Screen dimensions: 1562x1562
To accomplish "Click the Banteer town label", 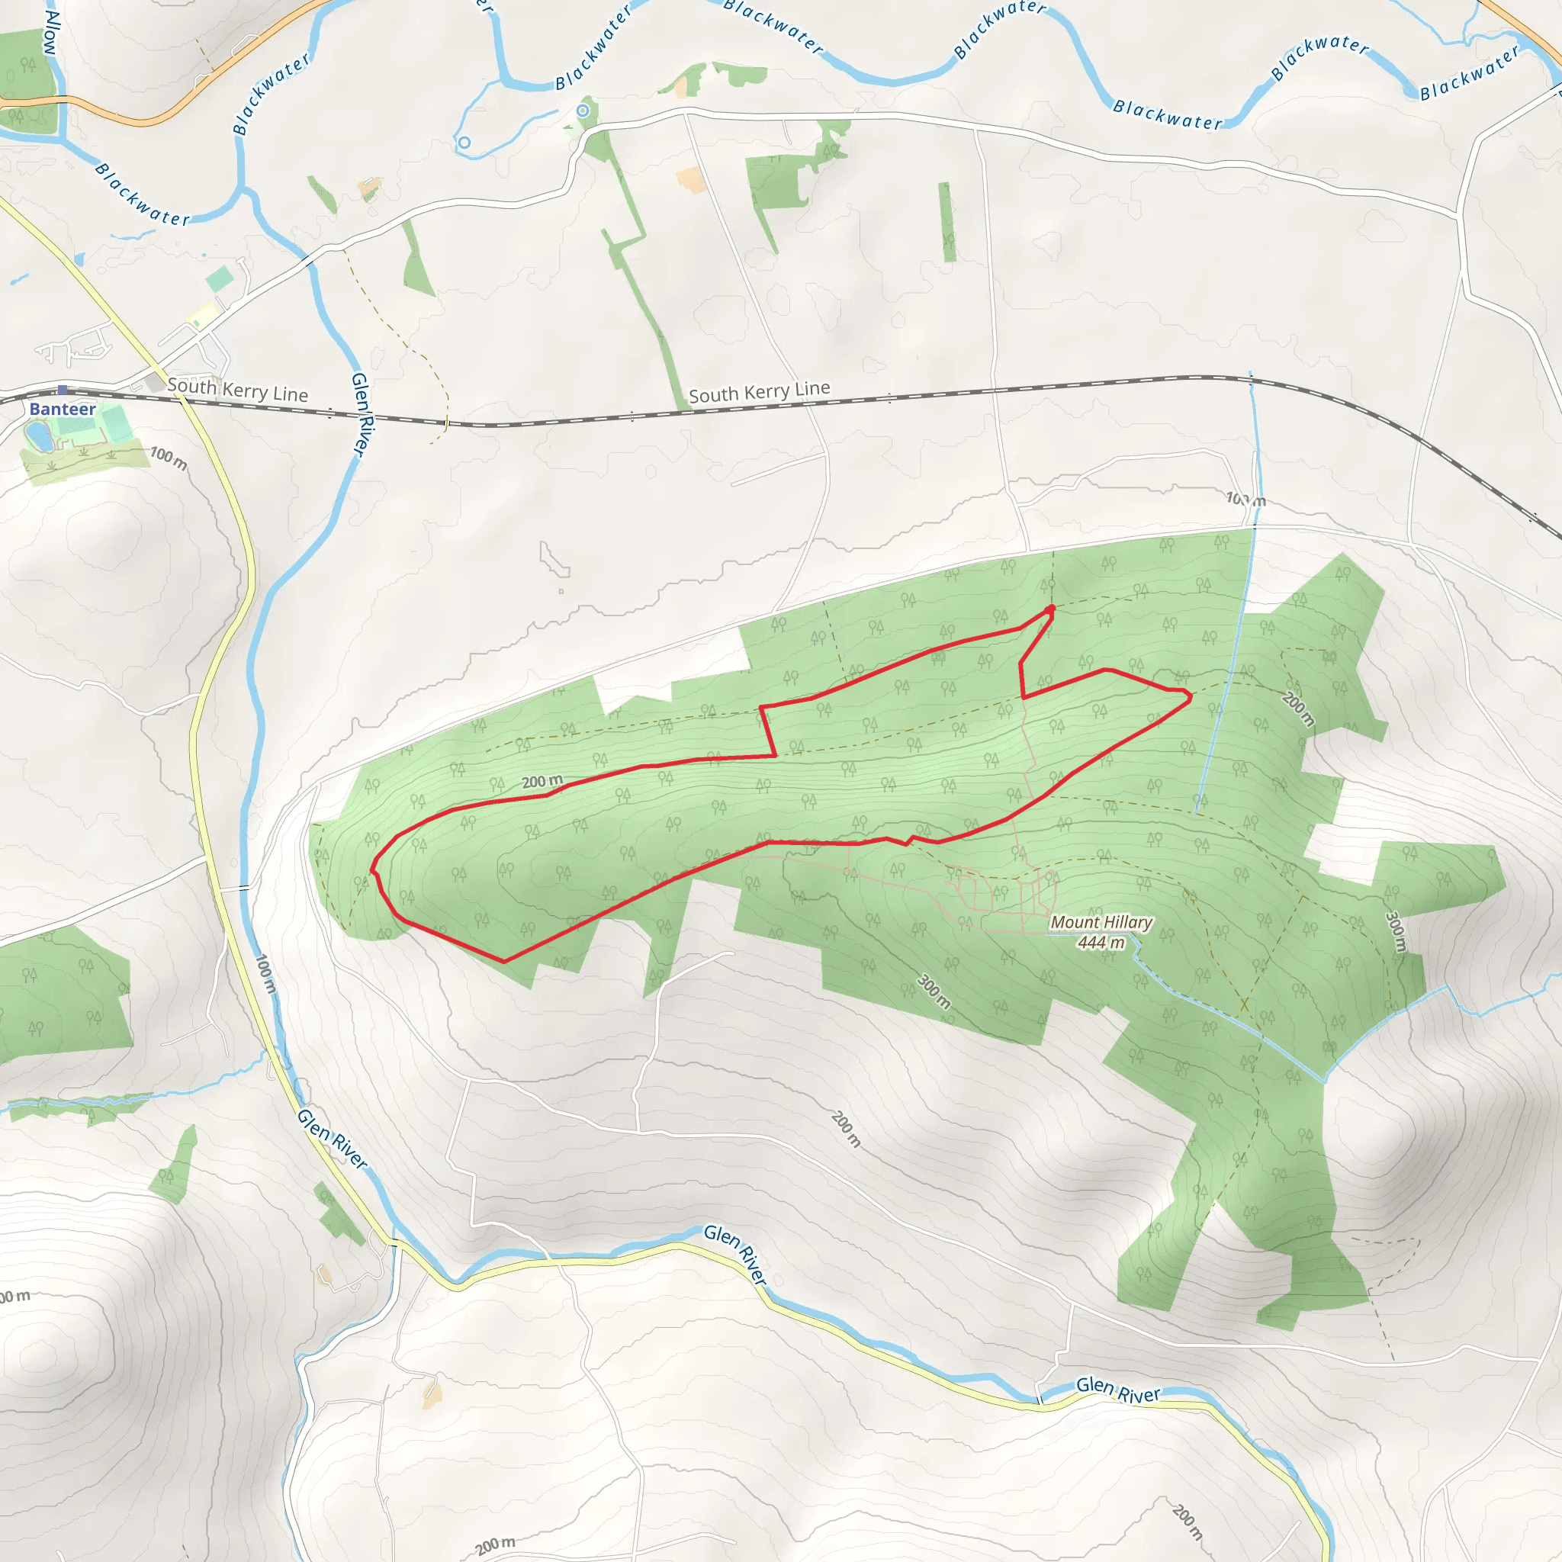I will click(63, 409).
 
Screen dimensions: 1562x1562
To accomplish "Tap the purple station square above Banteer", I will click(63, 390).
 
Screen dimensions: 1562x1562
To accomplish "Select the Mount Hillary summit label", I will click(1101, 923).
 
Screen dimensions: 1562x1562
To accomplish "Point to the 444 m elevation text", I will click(1101, 943).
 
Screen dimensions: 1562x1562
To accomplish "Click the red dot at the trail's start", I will click(1050, 609).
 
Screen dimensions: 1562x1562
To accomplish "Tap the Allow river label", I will click(50, 32).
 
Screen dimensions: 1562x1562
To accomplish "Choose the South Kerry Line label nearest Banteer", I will click(238, 390).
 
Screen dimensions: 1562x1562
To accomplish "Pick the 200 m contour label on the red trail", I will click(542, 782).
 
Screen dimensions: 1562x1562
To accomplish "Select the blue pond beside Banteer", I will click(38, 437).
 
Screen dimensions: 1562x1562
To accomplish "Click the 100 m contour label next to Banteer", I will click(168, 458).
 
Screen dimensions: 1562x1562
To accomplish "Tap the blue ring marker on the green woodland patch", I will click(583, 110).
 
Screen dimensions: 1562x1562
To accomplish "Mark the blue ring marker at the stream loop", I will click(464, 143).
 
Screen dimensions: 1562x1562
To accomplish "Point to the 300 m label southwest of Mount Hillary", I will click(934, 992).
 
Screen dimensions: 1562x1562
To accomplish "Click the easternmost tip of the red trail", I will click(1191, 696).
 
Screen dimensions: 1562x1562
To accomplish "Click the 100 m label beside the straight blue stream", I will click(1245, 499).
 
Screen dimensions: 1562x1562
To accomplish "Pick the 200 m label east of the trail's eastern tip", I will click(1298, 709).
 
